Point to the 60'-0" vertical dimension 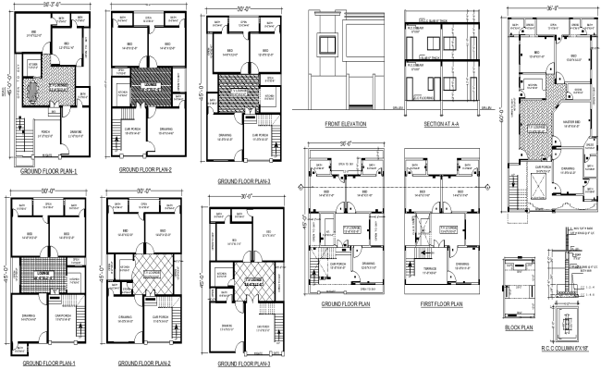[502, 116]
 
